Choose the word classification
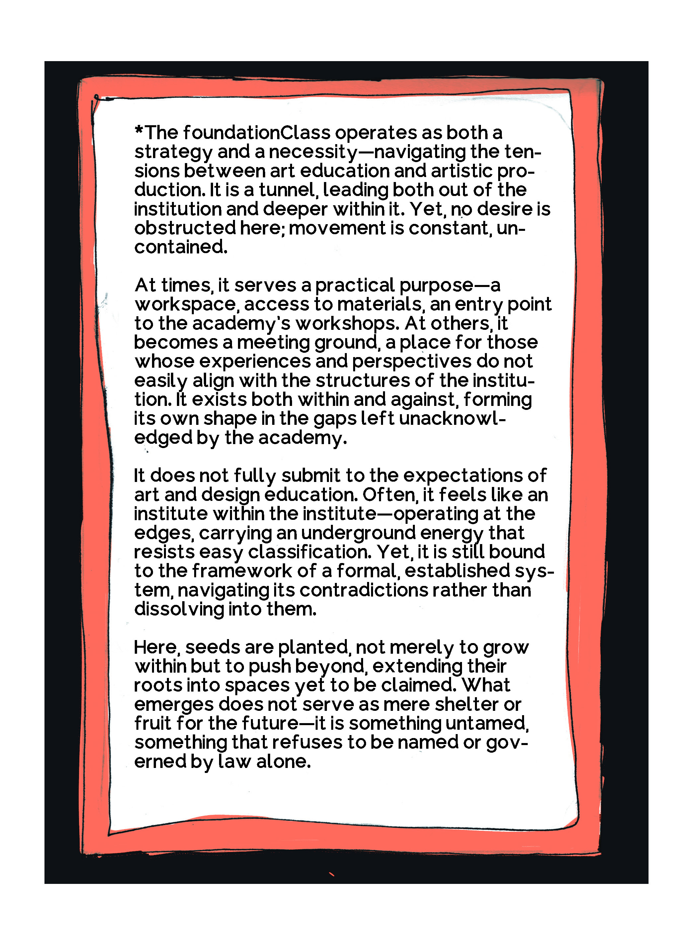pos(310,552)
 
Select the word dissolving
pos(179,609)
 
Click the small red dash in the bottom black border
pos(331,875)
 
